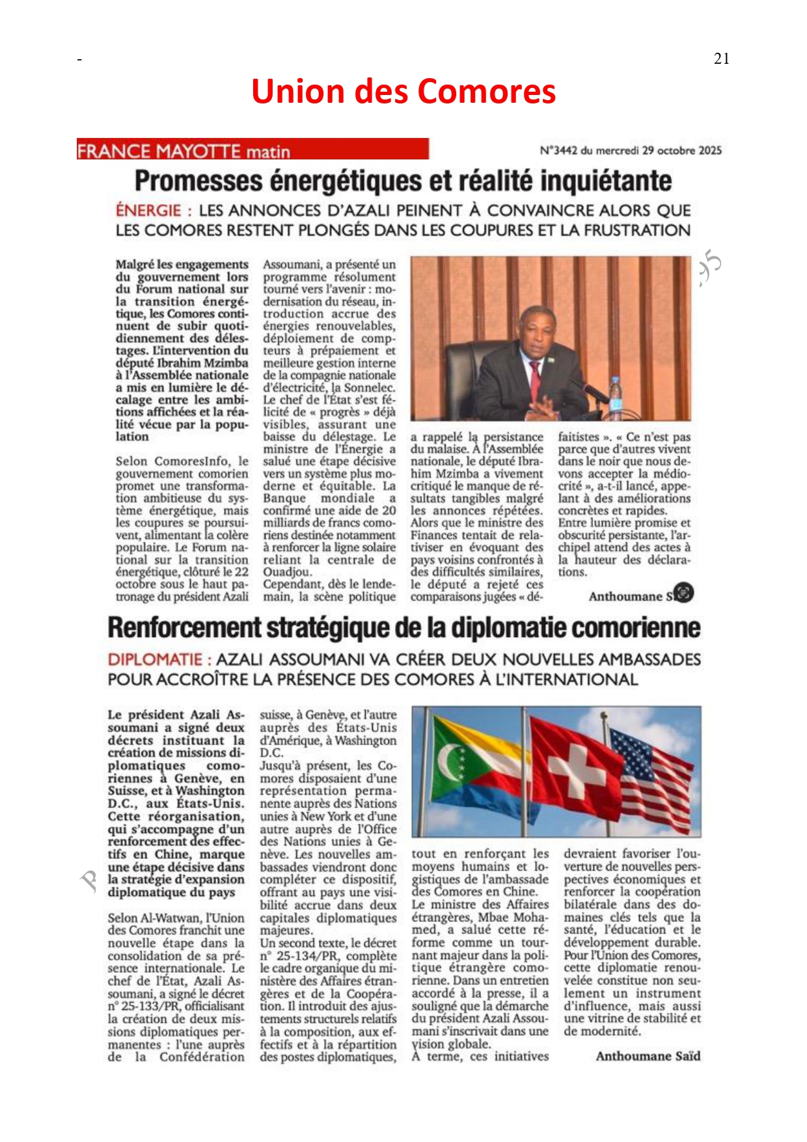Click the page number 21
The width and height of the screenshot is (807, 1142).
coord(721,59)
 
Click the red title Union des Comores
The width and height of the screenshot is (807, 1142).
coord(403,91)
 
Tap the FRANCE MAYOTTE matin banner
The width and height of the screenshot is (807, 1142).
coord(252,150)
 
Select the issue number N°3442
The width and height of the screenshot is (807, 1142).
coord(558,150)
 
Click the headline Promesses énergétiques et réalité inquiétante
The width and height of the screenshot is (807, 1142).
coord(403,180)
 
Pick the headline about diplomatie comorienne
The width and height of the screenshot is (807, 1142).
coord(403,628)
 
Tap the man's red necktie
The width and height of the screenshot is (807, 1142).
coord(535,381)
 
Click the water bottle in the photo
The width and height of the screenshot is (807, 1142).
coord(615,397)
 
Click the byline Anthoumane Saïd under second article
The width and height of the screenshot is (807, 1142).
coord(648,1056)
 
